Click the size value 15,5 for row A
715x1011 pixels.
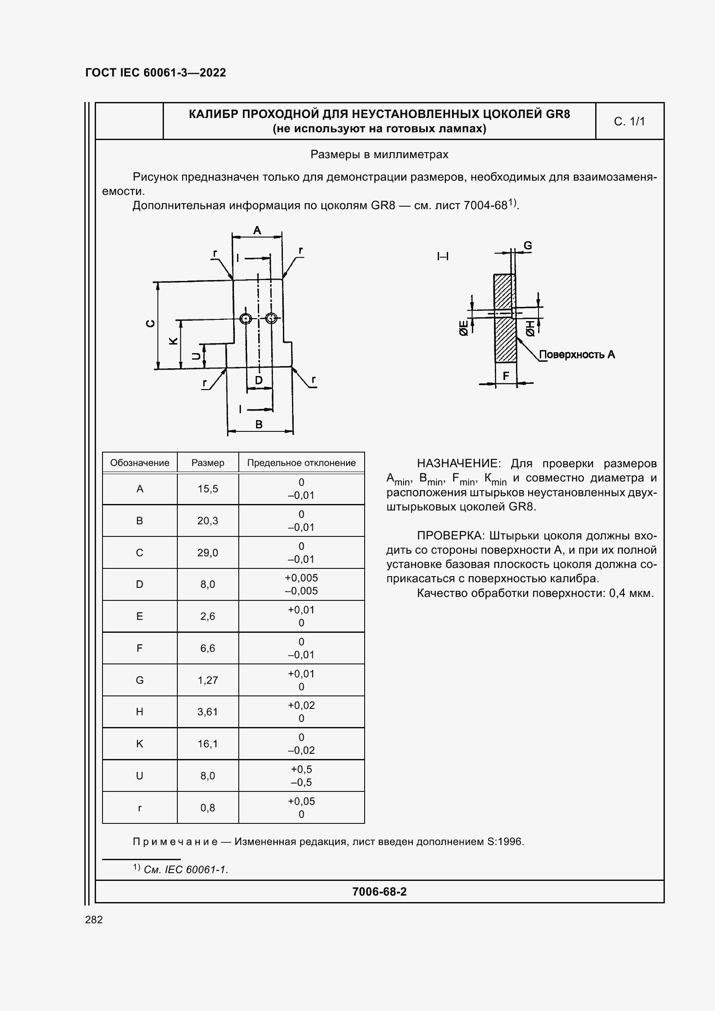point(208,489)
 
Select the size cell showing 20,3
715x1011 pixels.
point(208,520)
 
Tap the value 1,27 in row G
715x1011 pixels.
point(208,680)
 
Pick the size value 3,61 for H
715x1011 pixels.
point(208,711)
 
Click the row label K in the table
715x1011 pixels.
point(140,744)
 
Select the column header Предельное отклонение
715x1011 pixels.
point(301,463)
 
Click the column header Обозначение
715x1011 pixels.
point(140,463)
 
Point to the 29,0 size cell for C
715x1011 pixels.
point(208,553)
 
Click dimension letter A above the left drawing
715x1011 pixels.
point(257,230)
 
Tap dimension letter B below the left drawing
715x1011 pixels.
point(259,424)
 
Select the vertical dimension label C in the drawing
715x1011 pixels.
point(151,323)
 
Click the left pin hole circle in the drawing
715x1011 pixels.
point(246,318)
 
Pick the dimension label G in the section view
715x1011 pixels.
point(527,245)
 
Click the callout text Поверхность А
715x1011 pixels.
point(577,354)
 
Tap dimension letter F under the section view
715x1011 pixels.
point(506,376)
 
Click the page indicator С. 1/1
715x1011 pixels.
point(629,121)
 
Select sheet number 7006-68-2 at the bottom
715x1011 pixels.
point(379,892)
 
